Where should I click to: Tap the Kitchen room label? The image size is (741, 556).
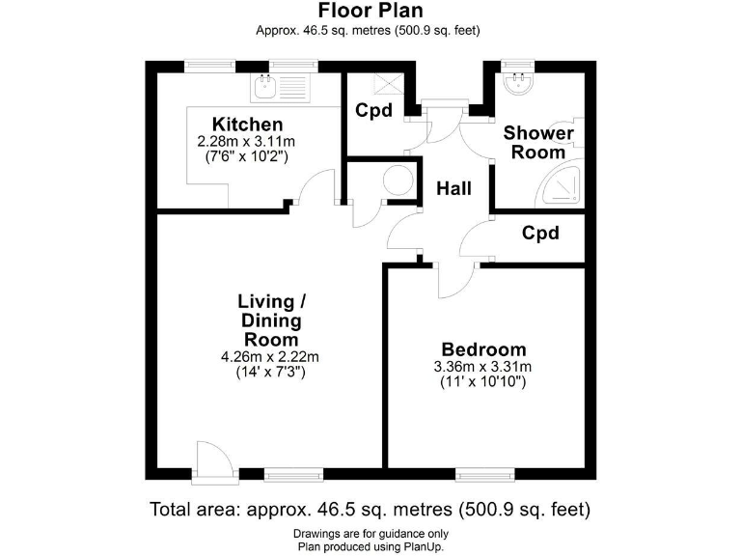click(x=248, y=125)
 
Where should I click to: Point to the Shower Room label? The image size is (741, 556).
click(x=538, y=142)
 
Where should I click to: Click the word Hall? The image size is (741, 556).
click(x=453, y=188)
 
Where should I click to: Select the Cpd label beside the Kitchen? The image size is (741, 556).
click(x=373, y=110)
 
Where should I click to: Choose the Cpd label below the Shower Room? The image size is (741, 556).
click(x=540, y=234)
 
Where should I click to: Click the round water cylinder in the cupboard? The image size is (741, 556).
click(x=396, y=181)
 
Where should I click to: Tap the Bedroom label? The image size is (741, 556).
click(x=483, y=349)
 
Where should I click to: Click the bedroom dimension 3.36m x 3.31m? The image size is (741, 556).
click(x=483, y=367)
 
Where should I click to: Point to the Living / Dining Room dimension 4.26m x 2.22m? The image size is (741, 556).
click(x=270, y=357)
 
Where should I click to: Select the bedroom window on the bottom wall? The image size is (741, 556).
click(x=484, y=474)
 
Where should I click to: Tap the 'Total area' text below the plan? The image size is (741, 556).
click(x=370, y=509)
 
